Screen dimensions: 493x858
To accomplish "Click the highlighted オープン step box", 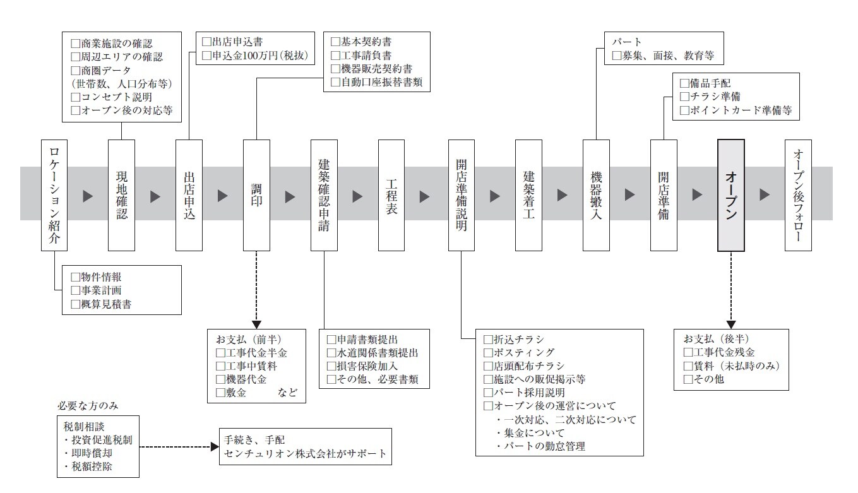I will (730, 195).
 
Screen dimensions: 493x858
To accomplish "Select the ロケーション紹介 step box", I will (54, 195).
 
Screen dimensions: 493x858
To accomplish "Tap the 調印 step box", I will (256, 195).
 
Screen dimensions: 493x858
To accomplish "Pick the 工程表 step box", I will (391, 195).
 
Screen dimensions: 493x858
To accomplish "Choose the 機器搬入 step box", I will (596, 195).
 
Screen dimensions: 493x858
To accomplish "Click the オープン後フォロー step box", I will (798, 195).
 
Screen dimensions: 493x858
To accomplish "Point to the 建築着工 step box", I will (528, 195).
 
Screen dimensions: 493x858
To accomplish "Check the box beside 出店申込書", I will (206, 42).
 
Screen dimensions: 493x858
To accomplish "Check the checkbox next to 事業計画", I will (76, 290).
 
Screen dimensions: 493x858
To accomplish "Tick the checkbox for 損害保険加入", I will (331, 366).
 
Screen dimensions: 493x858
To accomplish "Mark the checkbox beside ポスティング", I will (487, 352).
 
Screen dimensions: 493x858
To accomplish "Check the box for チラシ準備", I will (684, 97).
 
